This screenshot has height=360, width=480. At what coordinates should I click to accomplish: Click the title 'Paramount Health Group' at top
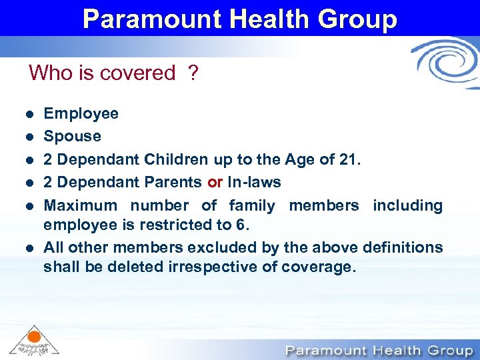click(240, 18)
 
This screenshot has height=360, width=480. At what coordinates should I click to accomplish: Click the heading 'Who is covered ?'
click(113, 73)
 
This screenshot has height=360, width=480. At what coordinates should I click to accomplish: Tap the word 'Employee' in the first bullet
click(81, 113)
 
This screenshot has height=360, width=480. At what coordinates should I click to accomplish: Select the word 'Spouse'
click(72, 136)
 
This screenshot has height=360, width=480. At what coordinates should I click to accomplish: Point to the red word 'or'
click(215, 182)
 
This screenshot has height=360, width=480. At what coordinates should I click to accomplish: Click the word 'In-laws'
click(254, 182)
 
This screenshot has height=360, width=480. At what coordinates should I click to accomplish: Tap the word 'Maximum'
click(79, 205)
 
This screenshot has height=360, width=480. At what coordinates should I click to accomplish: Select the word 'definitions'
click(403, 247)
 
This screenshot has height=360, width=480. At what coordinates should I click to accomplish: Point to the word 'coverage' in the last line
click(319, 267)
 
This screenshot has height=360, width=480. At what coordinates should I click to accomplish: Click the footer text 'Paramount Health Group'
click(376, 350)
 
